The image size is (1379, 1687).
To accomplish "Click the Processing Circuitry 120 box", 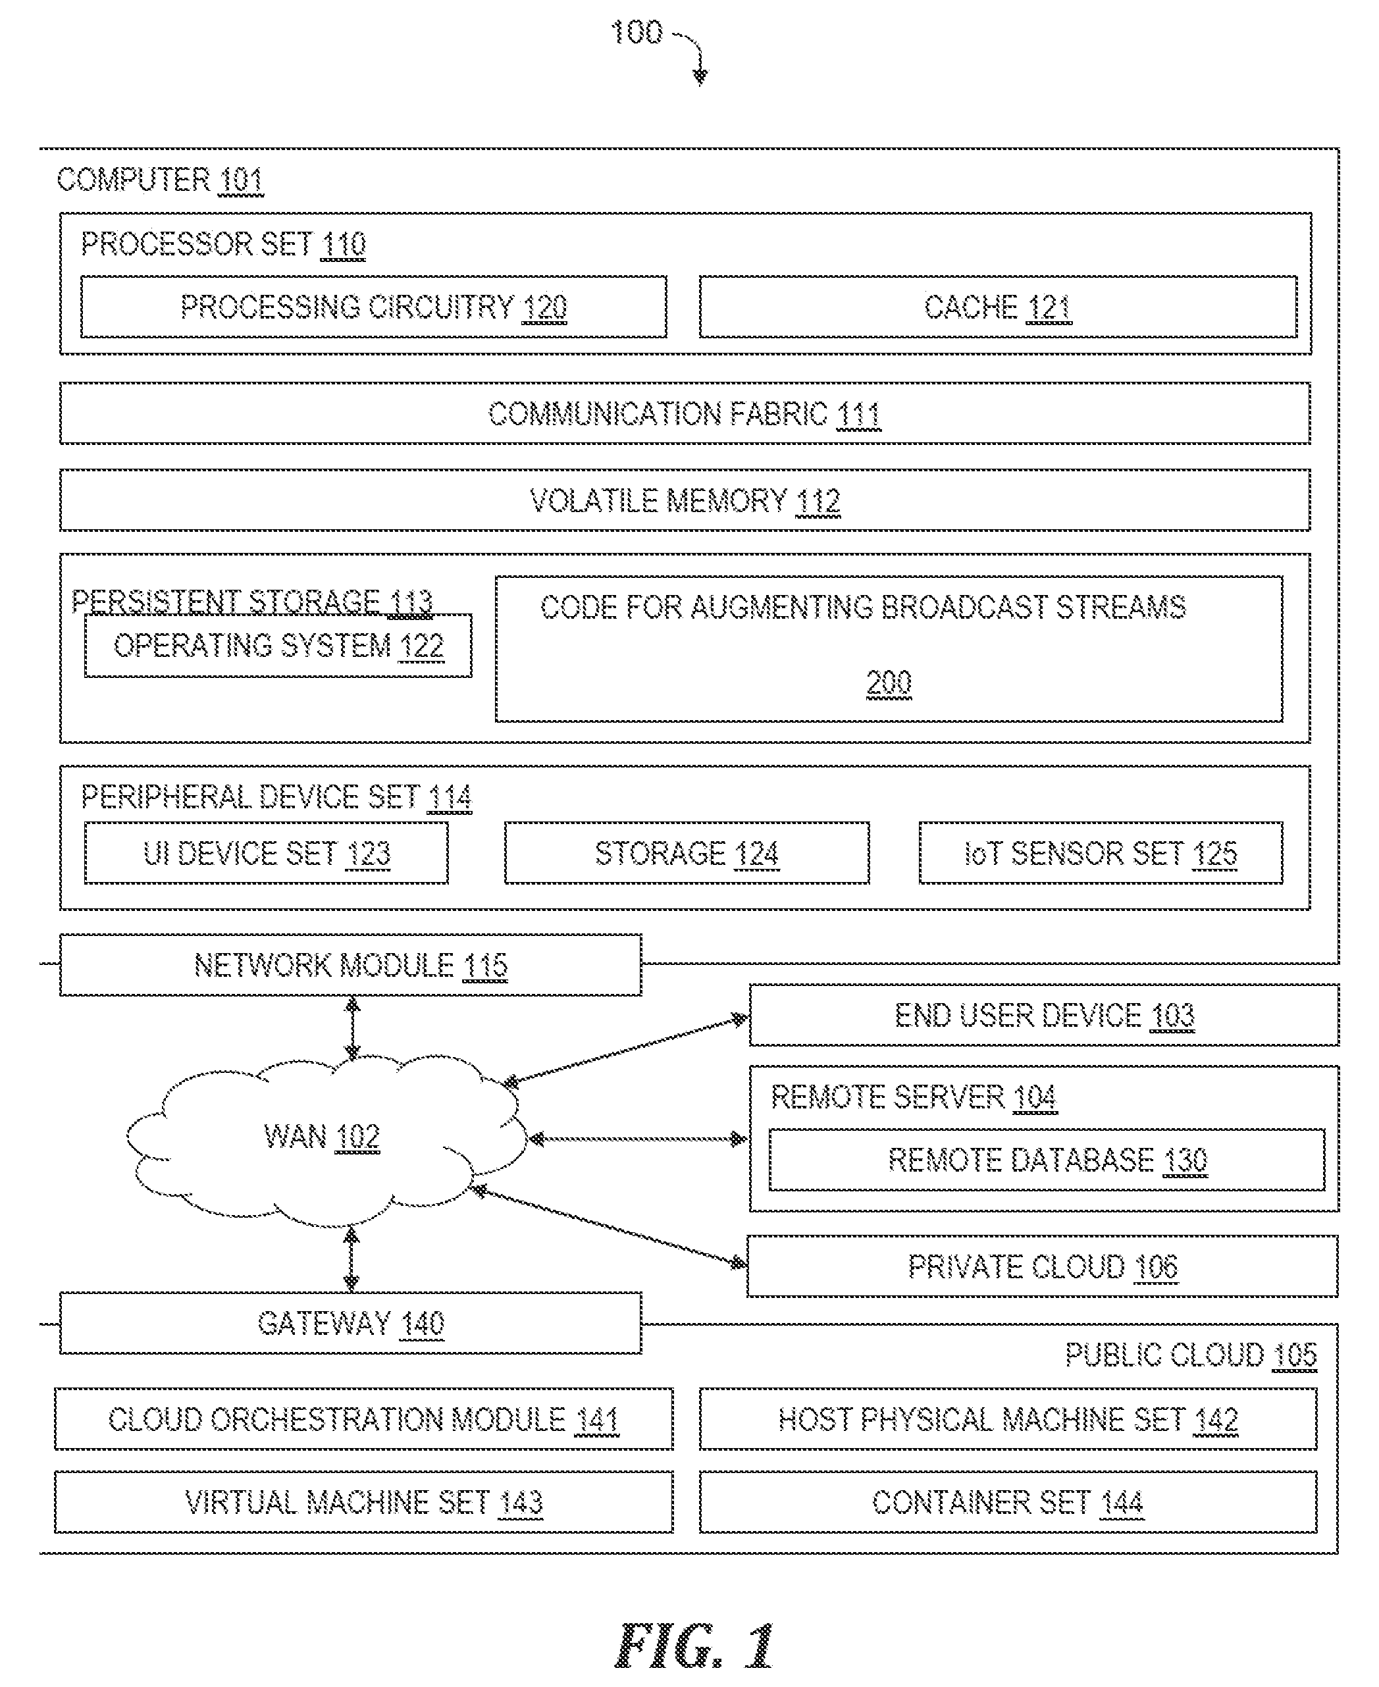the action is pyautogui.click(x=373, y=307).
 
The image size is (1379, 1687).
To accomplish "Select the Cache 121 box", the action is pyautogui.click(x=998, y=307).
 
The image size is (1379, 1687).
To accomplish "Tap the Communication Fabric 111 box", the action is pyautogui.click(x=685, y=413).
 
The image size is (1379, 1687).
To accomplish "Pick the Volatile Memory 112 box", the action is pyautogui.click(x=685, y=500).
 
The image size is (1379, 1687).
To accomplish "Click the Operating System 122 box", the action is pyautogui.click(x=278, y=646).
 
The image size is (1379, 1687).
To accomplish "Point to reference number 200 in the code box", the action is pyautogui.click(x=889, y=683).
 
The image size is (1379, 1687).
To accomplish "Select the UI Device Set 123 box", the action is pyautogui.click(x=266, y=853).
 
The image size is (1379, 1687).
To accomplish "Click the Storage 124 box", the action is pyautogui.click(x=687, y=853).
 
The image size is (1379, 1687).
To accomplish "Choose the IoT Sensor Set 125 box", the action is pyautogui.click(x=1101, y=853).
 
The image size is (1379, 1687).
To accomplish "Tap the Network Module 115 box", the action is pyautogui.click(x=350, y=965).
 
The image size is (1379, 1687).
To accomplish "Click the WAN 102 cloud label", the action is pyautogui.click(x=322, y=1137).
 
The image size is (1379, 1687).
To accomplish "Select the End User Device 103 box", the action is pyautogui.click(x=1044, y=1015).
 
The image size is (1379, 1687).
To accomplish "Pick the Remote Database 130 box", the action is pyautogui.click(x=1047, y=1160).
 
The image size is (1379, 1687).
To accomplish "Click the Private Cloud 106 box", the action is pyautogui.click(x=1042, y=1266).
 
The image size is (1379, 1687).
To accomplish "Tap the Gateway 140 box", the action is pyautogui.click(x=350, y=1323).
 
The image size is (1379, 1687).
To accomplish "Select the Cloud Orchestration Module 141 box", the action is pyautogui.click(x=364, y=1419).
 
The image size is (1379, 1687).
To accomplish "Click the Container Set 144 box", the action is pyautogui.click(x=1008, y=1502).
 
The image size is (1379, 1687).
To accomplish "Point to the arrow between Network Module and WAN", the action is pyautogui.click(x=353, y=1029).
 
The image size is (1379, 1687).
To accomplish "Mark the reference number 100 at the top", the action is pyautogui.click(x=637, y=32).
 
